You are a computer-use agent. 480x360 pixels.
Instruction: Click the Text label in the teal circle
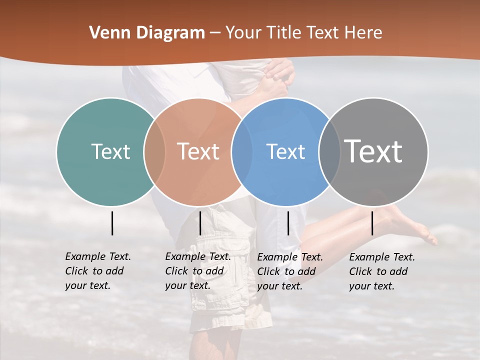coord(110,151)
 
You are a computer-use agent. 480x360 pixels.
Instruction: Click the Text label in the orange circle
coord(198,151)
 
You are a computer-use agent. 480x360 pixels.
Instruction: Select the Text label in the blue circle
coord(285,151)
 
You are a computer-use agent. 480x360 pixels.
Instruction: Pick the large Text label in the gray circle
coord(373,151)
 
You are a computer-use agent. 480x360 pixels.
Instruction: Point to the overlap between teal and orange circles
coord(154,151)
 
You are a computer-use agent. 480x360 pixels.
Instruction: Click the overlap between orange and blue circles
coord(241,151)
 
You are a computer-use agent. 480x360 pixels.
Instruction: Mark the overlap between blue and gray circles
coord(329,151)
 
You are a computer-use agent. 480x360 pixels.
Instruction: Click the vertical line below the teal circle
coord(112,223)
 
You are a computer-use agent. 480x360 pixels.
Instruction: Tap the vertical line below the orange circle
coord(200,223)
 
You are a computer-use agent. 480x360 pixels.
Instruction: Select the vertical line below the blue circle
coord(288,223)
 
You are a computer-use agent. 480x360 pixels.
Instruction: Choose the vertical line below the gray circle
coord(372,223)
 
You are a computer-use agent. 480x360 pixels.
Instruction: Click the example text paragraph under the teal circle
coord(97,271)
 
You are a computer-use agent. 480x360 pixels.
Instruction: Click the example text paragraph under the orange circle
coord(197,271)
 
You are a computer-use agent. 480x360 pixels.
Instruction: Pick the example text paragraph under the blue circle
coord(289,271)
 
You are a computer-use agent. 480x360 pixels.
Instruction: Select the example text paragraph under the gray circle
coord(381,271)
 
